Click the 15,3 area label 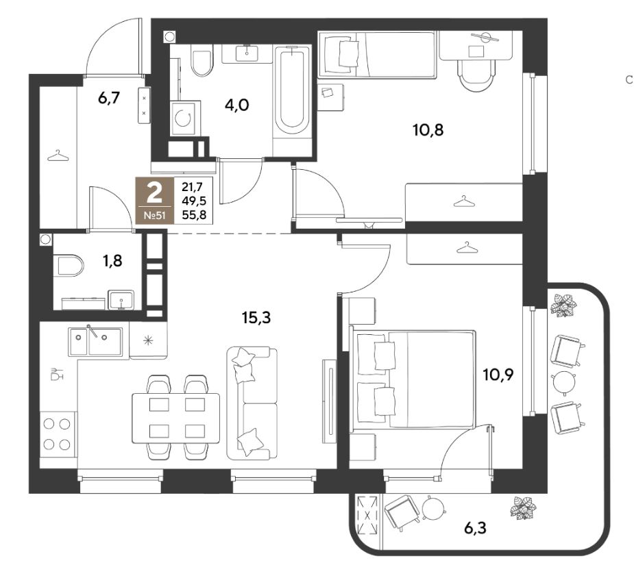click(256, 318)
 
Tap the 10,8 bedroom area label click(428, 130)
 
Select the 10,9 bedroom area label click(498, 375)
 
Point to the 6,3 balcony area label click(475, 527)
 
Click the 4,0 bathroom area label click(237, 105)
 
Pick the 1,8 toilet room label click(112, 261)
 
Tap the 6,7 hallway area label click(109, 97)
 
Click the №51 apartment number click(155, 215)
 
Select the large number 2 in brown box click(154, 193)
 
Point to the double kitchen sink click(95, 342)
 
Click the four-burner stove click(58, 434)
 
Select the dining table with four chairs click(176, 418)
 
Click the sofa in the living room click(252, 403)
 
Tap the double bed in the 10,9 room click(413, 379)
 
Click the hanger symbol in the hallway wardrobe click(58, 155)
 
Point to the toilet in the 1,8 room click(69, 265)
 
